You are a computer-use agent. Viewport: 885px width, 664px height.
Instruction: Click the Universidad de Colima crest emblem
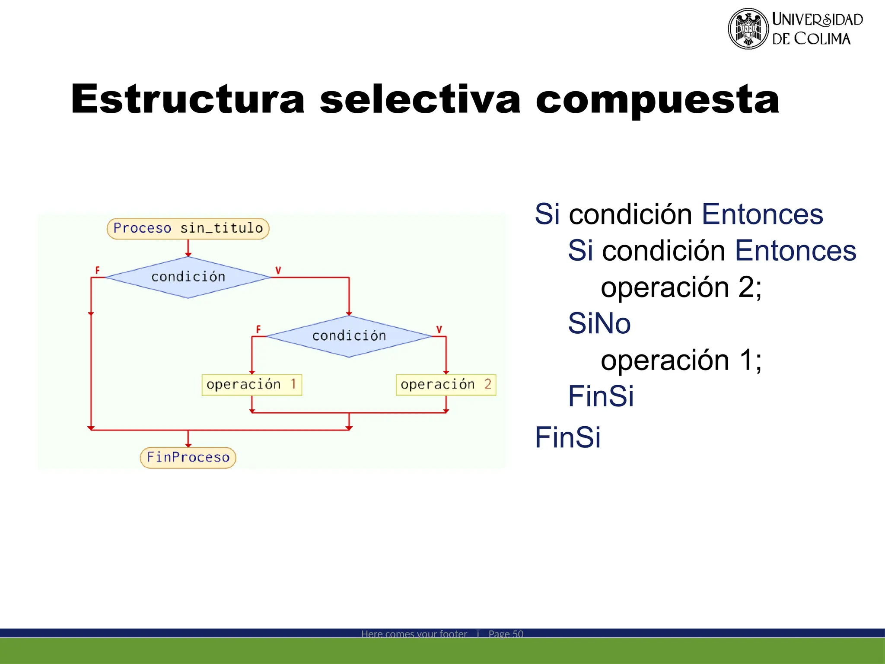tap(748, 29)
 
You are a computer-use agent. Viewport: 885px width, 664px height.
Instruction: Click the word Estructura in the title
tap(188, 99)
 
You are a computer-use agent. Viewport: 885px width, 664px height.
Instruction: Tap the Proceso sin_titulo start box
tap(188, 228)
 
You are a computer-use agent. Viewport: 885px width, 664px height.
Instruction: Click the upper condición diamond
tap(188, 277)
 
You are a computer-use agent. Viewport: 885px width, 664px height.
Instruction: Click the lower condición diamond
tap(349, 336)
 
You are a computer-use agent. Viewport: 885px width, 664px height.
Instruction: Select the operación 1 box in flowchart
tap(251, 385)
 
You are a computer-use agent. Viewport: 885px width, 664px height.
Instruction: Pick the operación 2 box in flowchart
tap(446, 385)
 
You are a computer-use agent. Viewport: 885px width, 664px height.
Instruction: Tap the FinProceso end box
tap(188, 457)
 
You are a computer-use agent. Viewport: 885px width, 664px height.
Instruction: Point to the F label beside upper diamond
tap(97, 270)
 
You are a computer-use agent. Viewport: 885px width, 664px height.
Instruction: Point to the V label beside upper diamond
tap(278, 270)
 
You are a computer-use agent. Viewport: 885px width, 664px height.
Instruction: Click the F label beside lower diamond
tap(258, 329)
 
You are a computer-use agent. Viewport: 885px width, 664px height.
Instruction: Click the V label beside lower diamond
tap(439, 329)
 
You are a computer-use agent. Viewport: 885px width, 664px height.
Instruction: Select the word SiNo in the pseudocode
tap(599, 323)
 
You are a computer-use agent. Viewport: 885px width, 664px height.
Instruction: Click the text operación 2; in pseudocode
tap(681, 287)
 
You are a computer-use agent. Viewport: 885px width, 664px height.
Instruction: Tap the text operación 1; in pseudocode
tap(681, 360)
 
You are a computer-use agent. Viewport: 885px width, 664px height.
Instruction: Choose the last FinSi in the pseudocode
tap(567, 437)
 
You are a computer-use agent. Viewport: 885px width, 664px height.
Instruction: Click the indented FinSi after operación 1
tap(601, 396)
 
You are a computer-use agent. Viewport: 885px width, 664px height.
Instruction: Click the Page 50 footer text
tap(506, 634)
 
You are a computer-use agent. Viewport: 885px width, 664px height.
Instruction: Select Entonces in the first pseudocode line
tap(762, 214)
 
